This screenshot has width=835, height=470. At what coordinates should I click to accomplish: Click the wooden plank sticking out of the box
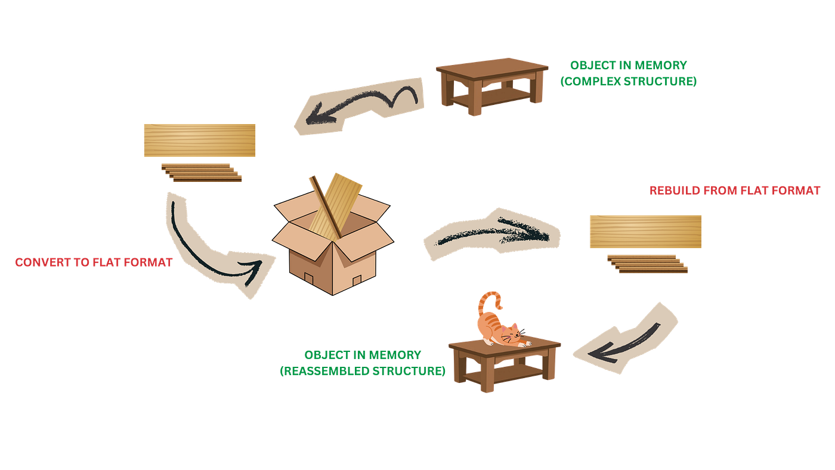tap(335, 206)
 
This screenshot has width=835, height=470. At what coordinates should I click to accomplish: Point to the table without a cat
tap(492, 86)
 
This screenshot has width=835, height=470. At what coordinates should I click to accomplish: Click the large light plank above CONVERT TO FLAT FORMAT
tap(200, 140)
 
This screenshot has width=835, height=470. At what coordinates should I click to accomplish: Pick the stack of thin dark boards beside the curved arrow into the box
tap(202, 172)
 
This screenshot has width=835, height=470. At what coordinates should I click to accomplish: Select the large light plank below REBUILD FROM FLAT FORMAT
tap(645, 231)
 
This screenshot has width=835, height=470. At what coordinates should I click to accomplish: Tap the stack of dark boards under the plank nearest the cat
tap(648, 264)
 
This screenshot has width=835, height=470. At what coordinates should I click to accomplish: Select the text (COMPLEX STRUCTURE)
tap(629, 81)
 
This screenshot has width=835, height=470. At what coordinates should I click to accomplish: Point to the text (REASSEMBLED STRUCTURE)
tap(363, 371)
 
